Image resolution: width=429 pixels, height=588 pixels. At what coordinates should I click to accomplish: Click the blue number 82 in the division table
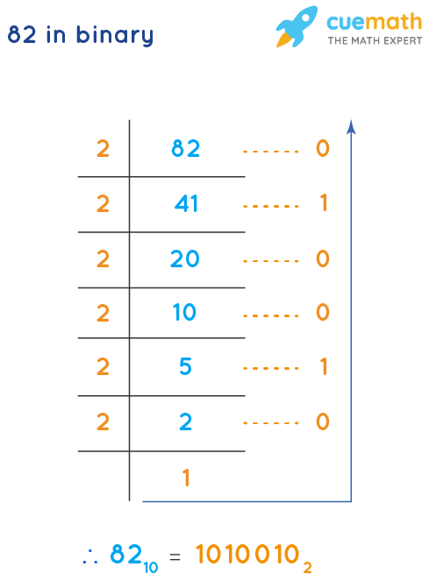coord(186,149)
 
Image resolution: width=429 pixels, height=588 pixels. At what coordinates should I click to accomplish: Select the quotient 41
coord(187,204)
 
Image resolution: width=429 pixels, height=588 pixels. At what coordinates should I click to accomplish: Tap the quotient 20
coord(186,259)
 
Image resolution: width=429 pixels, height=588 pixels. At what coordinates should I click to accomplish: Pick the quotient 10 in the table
coord(185,313)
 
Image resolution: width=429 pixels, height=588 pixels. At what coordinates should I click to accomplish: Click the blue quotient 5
coord(185,367)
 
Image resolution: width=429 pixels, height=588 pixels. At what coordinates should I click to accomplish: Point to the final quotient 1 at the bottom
coord(186,478)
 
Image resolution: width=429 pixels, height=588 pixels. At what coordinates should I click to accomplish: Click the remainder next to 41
coord(323,204)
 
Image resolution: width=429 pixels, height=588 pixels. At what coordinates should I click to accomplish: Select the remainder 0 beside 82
coord(322,149)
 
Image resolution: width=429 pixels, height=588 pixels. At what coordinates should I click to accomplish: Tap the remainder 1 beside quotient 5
coord(323,367)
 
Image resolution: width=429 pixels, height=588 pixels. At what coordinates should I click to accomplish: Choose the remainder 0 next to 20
coord(322,259)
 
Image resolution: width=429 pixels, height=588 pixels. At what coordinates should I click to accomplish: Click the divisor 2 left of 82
coord(103,149)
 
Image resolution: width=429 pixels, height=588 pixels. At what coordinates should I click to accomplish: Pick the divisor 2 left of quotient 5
coord(103,367)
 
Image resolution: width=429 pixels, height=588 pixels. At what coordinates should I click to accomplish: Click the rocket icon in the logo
coord(296,26)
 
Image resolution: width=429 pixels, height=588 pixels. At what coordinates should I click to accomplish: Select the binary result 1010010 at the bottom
coord(249,555)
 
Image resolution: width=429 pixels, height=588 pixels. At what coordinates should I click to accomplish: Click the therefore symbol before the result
coord(88,556)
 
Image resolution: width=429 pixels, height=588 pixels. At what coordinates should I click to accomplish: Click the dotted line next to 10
coord(271,314)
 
